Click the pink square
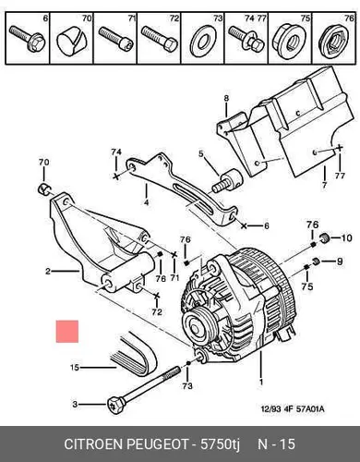point(67,332)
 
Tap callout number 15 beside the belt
point(75,368)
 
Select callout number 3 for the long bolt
point(75,404)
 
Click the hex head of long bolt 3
point(115,406)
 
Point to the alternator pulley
point(197,327)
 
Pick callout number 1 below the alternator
point(261,382)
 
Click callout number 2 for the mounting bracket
point(48,272)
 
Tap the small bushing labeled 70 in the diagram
point(45,189)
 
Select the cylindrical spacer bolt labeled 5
point(227,181)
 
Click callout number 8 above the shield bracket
point(226,98)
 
